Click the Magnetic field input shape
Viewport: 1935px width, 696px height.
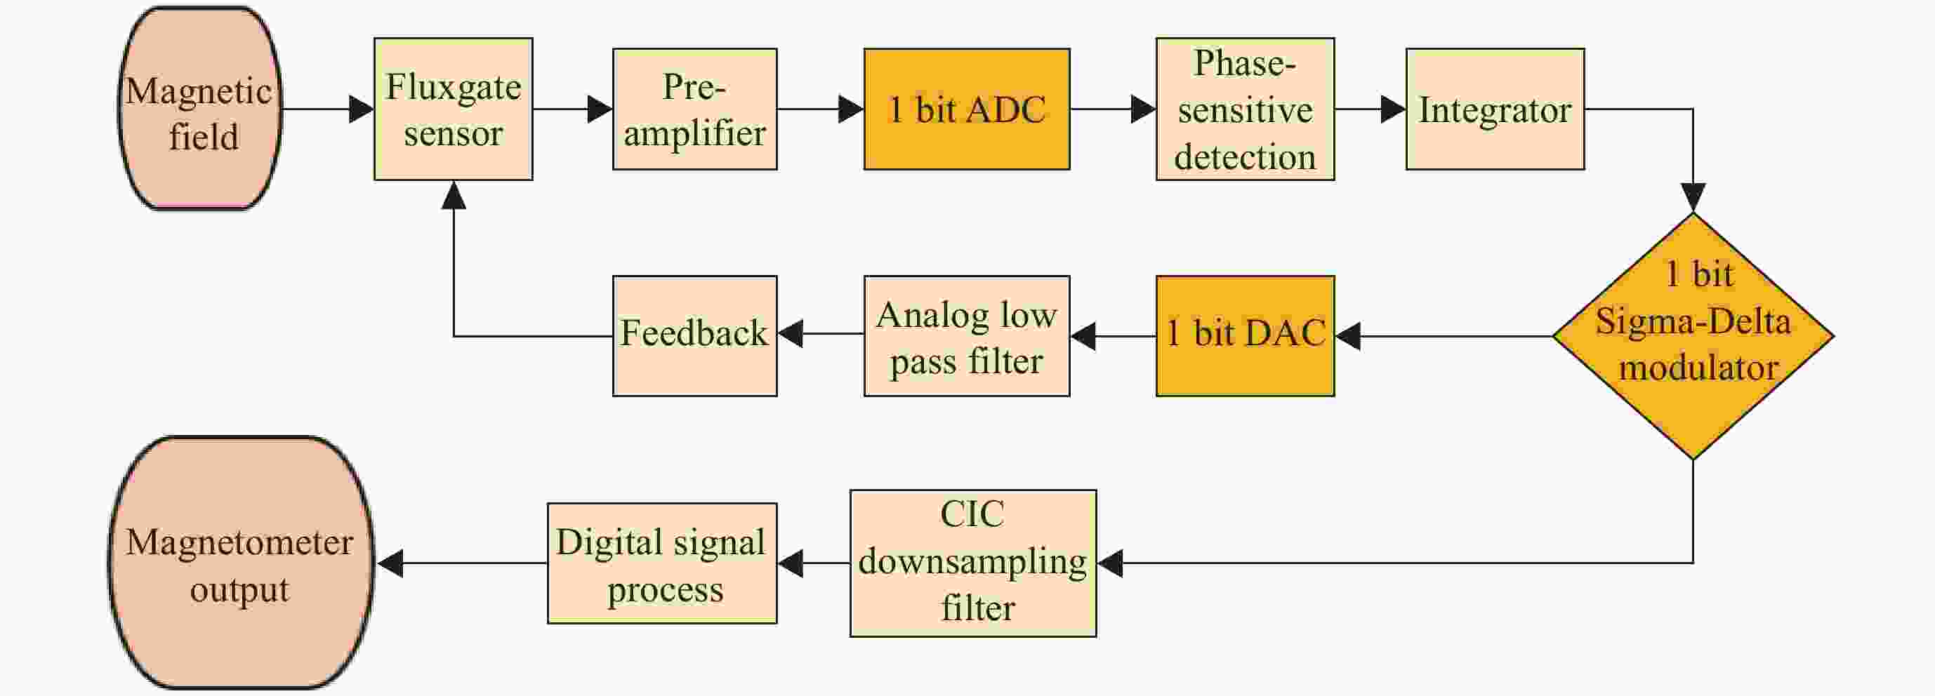[x=200, y=109]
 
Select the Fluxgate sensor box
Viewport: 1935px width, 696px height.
[x=454, y=109]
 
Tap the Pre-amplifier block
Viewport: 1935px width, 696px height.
[x=695, y=109]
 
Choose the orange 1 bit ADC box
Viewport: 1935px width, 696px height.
[x=967, y=109]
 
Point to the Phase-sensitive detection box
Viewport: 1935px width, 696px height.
[x=1246, y=109]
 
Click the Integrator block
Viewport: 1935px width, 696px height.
[x=1495, y=109]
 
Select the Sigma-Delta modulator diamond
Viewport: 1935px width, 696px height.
[x=1693, y=335]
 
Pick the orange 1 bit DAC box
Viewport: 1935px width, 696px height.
[x=1246, y=335]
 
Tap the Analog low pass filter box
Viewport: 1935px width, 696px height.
[x=967, y=335]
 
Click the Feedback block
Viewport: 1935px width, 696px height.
[x=695, y=335]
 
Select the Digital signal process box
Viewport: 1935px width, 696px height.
[x=662, y=563]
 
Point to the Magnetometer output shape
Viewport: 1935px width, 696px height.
[x=241, y=563]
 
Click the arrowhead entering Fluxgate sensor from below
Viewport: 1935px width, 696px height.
[x=454, y=195]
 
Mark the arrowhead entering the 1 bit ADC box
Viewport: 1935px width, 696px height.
[x=851, y=109]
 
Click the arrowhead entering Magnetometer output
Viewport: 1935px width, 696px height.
[x=389, y=563]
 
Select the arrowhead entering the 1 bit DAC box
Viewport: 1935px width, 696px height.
[x=1348, y=335]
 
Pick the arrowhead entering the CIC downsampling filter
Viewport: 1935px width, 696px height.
[x=1110, y=563]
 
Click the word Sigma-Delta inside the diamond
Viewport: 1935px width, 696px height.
[x=1693, y=322]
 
